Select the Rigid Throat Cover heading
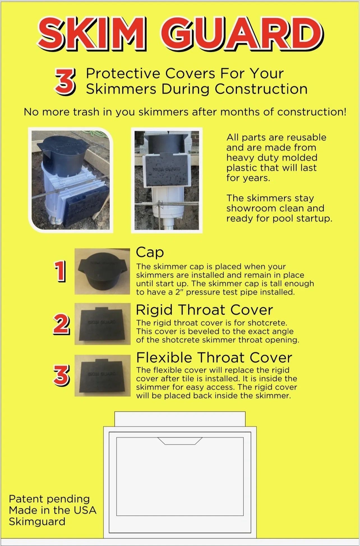tap(204, 310)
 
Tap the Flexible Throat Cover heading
tap(214, 357)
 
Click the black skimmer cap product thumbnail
tap(102, 271)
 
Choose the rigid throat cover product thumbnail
tap(103, 324)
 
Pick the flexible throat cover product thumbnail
tap(103, 376)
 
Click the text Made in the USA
tap(53, 510)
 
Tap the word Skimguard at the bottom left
tap(37, 521)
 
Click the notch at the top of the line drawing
tap(180, 441)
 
